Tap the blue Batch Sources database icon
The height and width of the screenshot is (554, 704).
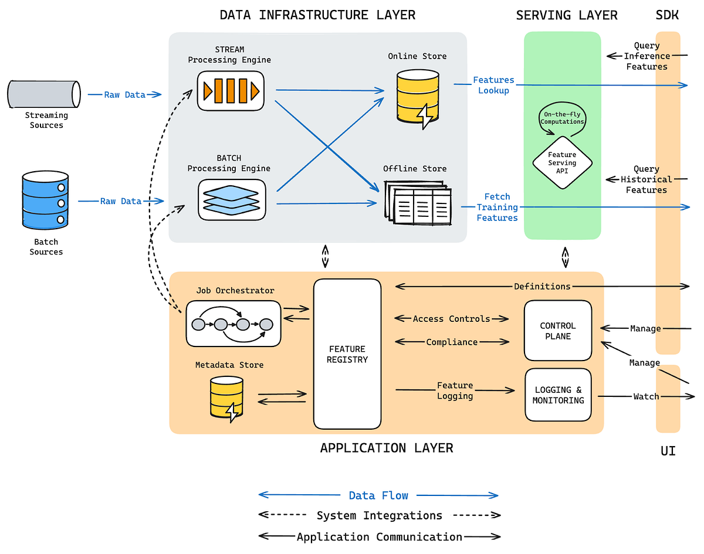click(x=45, y=200)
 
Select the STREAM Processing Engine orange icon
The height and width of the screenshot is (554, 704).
click(x=231, y=91)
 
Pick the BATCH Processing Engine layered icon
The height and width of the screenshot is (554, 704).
click(x=231, y=200)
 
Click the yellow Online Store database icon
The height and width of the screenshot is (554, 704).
click(x=417, y=97)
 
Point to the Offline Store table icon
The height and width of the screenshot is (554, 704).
click(x=418, y=202)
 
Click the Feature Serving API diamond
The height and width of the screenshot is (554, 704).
click(x=562, y=162)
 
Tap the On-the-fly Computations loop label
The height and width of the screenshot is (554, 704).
click(x=562, y=117)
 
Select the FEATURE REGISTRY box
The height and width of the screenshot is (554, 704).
click(x=347, y=354)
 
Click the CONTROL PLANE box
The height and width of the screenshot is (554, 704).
click(x=558, y=331)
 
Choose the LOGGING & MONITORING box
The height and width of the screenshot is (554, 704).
click(x=558, y=395)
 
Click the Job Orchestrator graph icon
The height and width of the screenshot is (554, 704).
click(x=233, y=323)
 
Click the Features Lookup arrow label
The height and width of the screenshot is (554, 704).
click(x=493, y=85)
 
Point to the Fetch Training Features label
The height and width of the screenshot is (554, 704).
click(x=497, y=207)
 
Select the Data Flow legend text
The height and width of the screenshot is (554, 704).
click(x=378, y=495)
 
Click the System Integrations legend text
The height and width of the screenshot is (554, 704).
click(x=379, y=516)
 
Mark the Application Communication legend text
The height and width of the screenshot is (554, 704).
click(x=379, y=537)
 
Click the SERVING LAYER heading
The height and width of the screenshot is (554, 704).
click(x=567, y=15)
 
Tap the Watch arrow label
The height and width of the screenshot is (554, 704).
click(x=646, y=396)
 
